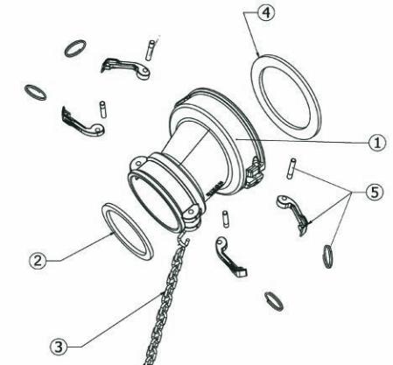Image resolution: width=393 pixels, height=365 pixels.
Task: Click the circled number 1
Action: pos(377,143)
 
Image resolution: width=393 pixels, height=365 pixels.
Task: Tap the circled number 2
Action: pos(38,261)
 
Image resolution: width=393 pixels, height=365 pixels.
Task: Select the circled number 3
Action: pos(59,347)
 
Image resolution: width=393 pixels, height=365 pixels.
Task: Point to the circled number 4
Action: pos(266,13)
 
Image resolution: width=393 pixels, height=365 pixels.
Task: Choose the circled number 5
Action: pos(375,193)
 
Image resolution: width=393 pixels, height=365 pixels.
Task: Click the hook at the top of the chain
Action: pos(184,238)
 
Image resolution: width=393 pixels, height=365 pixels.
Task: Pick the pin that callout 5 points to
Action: pos(291,168)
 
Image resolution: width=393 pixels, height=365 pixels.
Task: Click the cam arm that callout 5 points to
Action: pos(292,209)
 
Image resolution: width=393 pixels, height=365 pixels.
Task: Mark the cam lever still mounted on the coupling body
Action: pos(255,173)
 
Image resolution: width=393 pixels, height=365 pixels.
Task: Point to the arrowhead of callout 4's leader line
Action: pos(258,55)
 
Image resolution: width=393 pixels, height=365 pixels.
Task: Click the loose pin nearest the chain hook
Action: pos(225,219)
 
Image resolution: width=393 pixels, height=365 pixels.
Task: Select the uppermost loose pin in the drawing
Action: pos(150,50)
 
